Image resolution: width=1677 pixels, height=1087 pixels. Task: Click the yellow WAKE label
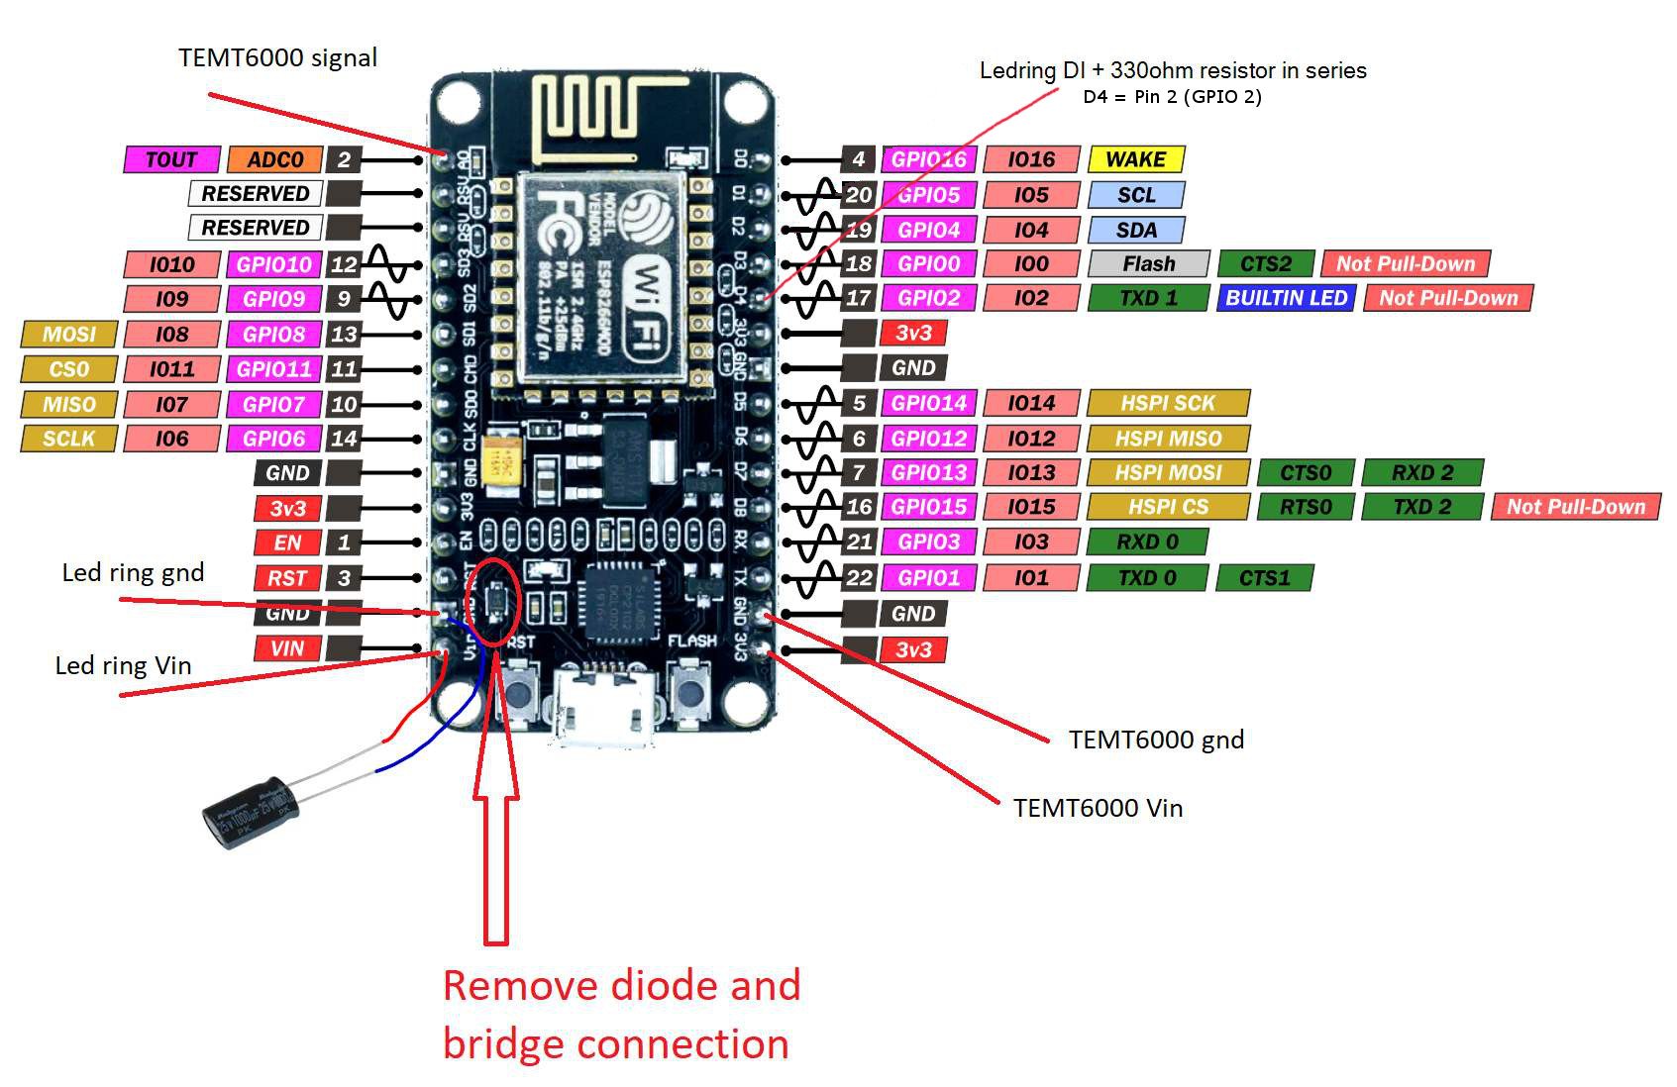(1135, 159)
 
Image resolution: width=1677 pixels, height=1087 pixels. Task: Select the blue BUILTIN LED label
(1286, 298)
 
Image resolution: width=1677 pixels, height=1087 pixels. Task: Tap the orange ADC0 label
(274, 159)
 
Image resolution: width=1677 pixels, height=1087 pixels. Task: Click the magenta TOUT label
(170, 159)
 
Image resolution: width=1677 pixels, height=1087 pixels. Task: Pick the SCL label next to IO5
(1135, 195)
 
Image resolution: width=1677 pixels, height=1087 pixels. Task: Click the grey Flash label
(1148, 263)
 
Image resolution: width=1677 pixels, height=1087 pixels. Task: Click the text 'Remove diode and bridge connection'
(620, 1015)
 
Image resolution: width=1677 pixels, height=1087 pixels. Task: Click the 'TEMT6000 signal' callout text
(277, 57)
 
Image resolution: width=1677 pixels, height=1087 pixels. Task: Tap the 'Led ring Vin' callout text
(123, 665)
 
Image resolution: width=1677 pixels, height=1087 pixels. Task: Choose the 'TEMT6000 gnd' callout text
(1156, 740)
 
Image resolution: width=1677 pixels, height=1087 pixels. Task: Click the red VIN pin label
(286, 648)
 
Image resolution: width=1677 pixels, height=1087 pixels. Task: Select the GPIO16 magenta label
(928, 159)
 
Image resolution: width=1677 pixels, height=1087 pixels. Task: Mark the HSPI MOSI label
(1168, 473)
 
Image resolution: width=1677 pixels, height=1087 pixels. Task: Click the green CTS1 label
(1264, 578)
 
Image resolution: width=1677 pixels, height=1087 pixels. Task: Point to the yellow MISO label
(68, 404)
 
